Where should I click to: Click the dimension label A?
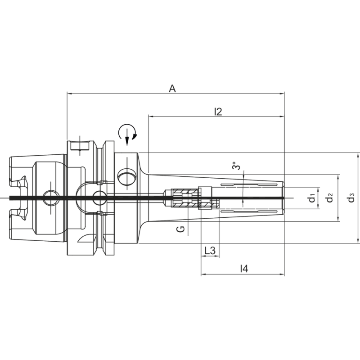172,89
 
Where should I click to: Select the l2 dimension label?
218,112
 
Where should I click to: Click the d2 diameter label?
330,198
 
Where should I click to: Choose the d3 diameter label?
351,198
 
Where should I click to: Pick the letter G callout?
180,229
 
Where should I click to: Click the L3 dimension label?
210,250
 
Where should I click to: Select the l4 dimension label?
243,269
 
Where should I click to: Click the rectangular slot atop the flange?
79,146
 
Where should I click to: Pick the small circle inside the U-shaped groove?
99,197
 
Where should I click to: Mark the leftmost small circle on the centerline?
50,197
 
